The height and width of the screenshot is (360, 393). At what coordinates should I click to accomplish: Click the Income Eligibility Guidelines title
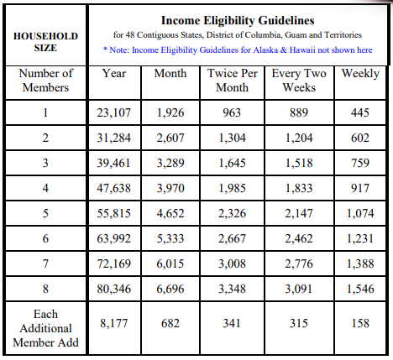238,20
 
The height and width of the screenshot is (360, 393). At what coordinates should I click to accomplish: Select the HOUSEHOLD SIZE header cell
45,42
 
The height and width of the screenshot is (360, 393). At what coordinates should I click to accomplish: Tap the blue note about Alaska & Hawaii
238,50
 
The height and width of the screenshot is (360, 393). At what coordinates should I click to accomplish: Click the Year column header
114,73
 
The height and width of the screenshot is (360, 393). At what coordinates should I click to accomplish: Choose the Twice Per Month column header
232,81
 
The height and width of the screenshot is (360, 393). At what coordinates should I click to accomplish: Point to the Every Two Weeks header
299,81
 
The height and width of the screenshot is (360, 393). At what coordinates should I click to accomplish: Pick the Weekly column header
360,74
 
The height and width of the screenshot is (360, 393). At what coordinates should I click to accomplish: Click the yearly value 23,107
114,112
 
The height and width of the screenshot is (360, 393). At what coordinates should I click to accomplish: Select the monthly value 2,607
170,138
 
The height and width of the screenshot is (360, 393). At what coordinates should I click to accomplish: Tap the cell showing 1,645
232,163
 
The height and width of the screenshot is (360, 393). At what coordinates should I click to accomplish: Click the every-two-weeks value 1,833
299,188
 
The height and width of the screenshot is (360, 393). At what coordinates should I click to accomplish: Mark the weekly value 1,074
360,213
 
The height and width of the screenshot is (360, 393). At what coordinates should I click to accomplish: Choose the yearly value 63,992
114,238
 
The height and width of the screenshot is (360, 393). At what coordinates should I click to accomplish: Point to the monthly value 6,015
170,263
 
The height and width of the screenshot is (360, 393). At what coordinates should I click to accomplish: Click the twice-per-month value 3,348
232,289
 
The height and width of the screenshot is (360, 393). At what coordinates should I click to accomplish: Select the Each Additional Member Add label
45,328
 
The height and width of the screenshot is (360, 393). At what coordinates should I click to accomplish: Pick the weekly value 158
360,323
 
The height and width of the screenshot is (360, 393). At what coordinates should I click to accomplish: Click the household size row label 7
45,263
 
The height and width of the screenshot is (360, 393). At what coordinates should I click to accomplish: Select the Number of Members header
45,81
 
